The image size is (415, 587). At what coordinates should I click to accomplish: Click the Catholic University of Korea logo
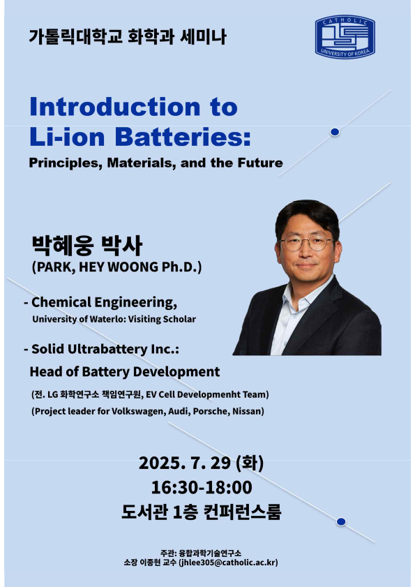click(345, 37)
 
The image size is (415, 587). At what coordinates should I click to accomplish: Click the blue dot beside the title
click(335, 132)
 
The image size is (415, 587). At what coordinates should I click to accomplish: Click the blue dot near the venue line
click(341, 521)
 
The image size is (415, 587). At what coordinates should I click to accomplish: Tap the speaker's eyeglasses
click(306, 244)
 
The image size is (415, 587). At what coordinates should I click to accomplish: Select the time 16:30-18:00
click(202, 487)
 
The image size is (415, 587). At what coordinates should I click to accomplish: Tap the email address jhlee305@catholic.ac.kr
click(228, 563)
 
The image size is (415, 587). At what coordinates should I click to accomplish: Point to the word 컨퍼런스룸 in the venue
click(242, 512)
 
